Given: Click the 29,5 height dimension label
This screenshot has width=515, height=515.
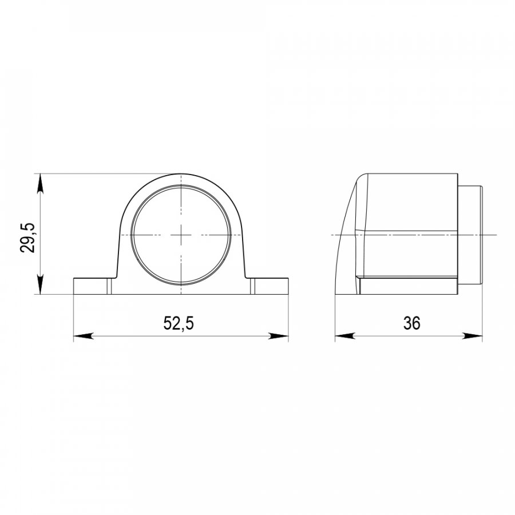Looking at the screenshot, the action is pyautogui.click(x=27, y=237).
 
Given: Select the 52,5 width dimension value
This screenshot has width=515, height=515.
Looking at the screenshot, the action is pyautogui.click(x=179, y=323).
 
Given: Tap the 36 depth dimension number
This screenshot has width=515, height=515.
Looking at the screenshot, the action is pyautogui.click(x=411, y=323).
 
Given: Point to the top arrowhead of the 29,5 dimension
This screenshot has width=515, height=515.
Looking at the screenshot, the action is pyautogui.click(x=40, y=183).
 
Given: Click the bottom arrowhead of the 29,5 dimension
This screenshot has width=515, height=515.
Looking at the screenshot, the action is pyautogui.click(x=40, y=285).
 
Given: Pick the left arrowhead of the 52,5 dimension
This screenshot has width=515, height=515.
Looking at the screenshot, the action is pyautogui.click(x=83, y=336).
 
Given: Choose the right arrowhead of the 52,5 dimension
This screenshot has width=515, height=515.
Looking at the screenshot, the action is pyautogui.click(x=279, y=336).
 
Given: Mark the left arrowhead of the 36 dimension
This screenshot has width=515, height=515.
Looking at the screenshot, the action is pyautogui.click(x=345, y=336).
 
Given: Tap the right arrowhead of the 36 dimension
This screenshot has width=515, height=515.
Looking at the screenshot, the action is pyautogui.click(x=473, y=336).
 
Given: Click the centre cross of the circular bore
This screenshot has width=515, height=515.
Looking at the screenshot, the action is pyautogui.click(x=181, y=235).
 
